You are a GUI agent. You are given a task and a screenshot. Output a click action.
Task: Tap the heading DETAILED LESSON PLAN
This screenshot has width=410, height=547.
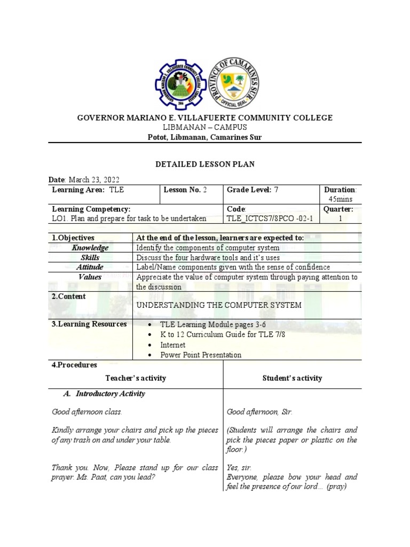pyautogui.click(x=205, y=165)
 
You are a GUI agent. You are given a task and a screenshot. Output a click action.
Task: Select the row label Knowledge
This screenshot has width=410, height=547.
pyautogui.click(x=90, y=248)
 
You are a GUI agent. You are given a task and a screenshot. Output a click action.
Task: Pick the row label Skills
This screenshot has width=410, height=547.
pyautogui.click(x=90, y=257)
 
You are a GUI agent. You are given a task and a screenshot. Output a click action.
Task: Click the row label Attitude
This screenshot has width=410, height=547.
pyautogui.click(x=90, y=267)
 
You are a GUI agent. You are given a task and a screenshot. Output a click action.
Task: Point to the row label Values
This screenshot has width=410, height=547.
pyautogui.click(x=90, y=277)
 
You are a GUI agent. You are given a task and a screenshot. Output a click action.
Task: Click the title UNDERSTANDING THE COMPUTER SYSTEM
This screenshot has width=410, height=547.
pyautogui.click(x=219, y=305)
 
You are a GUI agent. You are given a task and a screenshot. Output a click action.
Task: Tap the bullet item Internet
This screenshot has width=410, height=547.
pyautogui.click(x=173, y=345)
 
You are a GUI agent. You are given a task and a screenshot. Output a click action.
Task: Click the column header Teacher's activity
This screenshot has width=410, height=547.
pyautogui.click(x=136, y=378)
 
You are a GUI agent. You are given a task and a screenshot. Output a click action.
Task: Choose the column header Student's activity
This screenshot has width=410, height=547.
pyautogui.click(x=293, y=378)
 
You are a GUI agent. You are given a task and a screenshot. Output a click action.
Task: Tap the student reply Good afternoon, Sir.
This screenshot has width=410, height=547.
pyautogui.click(x=259, y=412)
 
